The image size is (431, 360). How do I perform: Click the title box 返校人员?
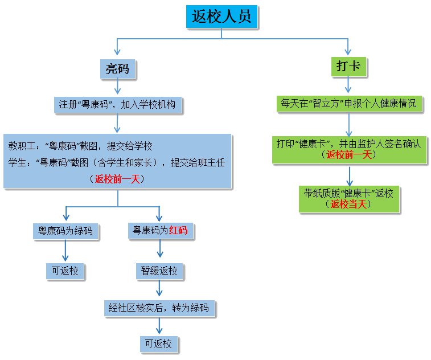coord(223,17)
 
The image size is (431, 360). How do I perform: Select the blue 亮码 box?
coord(118,69)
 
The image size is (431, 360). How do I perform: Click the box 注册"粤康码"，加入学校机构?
coord(118,105)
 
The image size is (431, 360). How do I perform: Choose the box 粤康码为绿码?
coord(65,231)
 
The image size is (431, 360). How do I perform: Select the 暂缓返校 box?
coord(159,271)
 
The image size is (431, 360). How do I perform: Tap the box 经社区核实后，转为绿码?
coord(159,308)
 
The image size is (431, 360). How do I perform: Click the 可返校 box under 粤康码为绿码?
coord(65,271)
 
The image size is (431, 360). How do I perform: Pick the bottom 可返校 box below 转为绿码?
coord(159,344)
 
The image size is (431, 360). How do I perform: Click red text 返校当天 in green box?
coord(348,204)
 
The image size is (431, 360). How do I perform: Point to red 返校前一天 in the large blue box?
coord(118,179)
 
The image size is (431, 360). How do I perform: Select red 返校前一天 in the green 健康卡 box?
coord(348,154)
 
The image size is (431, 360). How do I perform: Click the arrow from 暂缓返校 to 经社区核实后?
coord(159,289)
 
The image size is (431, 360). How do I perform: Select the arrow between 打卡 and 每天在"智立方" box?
coord(348,86)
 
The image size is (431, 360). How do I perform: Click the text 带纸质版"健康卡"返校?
coord(348,193)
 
